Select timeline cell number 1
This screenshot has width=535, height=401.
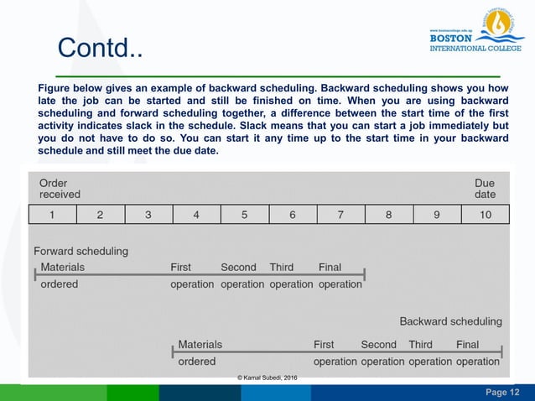tap(52, 214)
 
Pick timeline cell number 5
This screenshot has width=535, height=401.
tap(245, 214)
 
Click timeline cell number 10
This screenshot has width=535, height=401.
tap(486, 214)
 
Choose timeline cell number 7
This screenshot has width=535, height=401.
tap(341, 214)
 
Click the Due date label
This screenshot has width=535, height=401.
tap(485, 189)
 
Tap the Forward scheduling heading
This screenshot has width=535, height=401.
tap(81, 251)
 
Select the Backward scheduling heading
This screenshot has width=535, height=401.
tap(450, 320)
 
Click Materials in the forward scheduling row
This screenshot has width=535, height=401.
tap(63, 267)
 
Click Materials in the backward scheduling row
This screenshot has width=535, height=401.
tap(200, 344)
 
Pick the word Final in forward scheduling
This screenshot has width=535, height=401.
tap(330, 267)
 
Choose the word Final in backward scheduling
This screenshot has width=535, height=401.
tap(467, 344)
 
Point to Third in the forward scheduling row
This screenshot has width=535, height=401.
tap(282, 267)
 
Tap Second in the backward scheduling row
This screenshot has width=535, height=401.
tap(378, 344)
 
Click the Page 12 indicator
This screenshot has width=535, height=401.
tap(502, 393)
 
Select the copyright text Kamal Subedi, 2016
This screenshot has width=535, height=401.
tap(267, 379)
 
